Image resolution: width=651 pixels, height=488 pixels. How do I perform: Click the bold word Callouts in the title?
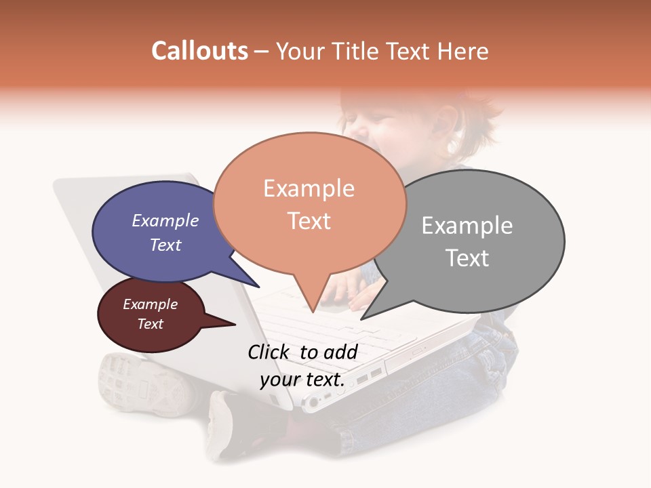click(x=199, y=51)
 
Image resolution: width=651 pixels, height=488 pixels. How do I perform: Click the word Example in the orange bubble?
click(x=309, y=188)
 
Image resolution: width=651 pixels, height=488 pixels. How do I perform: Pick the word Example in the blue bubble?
click(x=165, y=220)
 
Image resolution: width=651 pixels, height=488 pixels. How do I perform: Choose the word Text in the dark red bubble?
click(x=151, y=324)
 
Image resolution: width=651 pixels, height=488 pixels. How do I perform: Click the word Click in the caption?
click(x=270, y=352)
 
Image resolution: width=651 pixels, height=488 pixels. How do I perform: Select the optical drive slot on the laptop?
click(x=420, y=352)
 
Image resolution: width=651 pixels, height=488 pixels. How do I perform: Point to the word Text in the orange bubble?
click(x=309, y=220)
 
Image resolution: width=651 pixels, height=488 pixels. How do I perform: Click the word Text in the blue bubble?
click(x=165, y=245)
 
